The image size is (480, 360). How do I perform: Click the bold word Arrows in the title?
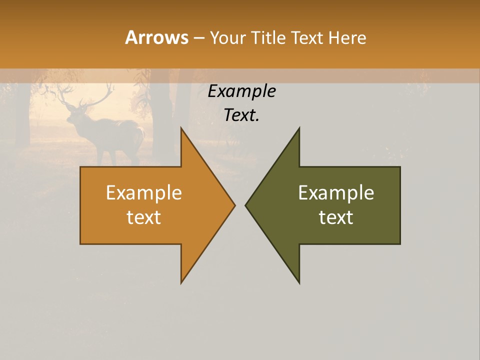pos(156,37)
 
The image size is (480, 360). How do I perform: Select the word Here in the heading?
pos(347,37)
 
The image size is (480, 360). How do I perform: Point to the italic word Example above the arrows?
pos(242,91)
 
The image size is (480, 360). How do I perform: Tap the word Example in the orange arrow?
pos(144,192)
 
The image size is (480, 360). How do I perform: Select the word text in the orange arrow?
pos(144,217)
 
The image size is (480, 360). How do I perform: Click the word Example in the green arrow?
pos(336,192)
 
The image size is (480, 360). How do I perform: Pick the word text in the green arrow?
pos(336,217)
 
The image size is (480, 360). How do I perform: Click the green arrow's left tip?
pos(246,205)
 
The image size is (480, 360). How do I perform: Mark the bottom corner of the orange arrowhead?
pos(181,282)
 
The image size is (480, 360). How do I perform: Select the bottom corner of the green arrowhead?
pos(299,282)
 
